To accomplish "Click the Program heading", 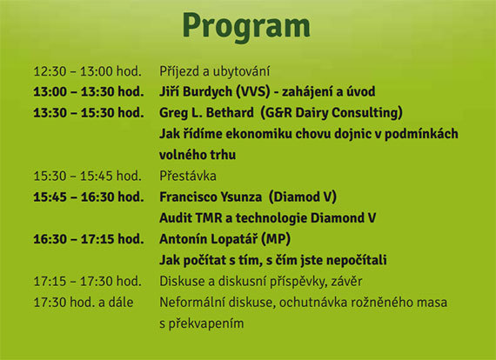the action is [x=246, y=27].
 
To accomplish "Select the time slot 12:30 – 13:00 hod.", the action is [x=87, y=71].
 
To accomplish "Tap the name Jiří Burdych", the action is [x=196, y=92].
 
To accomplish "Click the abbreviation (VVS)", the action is [x=253, y=91].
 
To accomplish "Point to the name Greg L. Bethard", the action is [x=206, y=113].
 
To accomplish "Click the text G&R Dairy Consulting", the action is [x=332, y=113].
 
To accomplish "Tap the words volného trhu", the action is [x=198, y=155].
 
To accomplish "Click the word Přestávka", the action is [x=188, y=176].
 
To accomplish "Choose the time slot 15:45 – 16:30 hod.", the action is [x=89, y=197].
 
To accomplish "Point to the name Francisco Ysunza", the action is [x=211, y=197].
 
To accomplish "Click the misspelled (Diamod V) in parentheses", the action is [x=303, y=197].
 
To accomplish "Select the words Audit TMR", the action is [x=191, y=218].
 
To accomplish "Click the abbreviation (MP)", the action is [x=276, y=239].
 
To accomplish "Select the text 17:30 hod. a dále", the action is [x=84, y=303].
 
